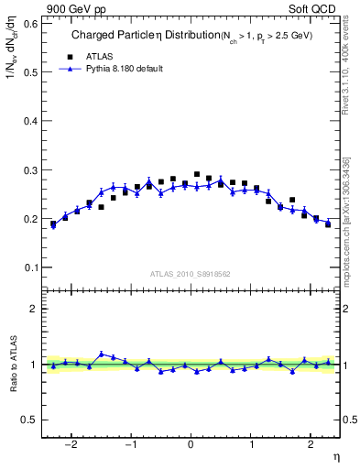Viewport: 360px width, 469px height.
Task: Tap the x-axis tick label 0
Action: [x=191, y=445]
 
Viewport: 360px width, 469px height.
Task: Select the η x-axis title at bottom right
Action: [x=335, y=456]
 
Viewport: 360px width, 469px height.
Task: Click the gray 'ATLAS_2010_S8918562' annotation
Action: [x=191, y=272]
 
